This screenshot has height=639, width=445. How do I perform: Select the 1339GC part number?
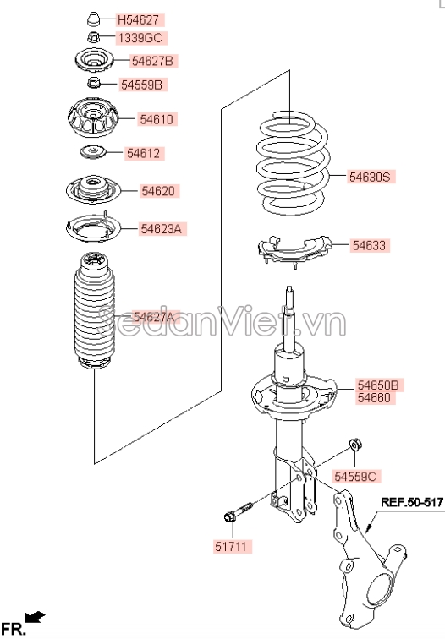click(x=141, y=38)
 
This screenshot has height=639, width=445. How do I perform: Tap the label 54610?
click(x=157, y=119)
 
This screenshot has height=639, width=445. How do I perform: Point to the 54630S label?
click(x=370, y=177)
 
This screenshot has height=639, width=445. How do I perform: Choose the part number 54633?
click(x=369, y=245)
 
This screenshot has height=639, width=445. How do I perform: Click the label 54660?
click(x=374, y=398)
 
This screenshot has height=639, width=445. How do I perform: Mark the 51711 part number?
click(x=231, y=547)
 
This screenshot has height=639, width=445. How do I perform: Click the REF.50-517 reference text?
click(x=411, y=502)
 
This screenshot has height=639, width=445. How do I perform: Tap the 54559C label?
click(x=355, y=476)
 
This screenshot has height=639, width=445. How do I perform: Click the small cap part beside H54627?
click(x=94, y=19)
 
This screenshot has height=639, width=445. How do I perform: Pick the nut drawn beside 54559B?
click(x=93, y=83)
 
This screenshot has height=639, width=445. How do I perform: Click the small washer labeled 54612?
click(x=92, y=152)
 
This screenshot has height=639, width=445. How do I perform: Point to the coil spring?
click(x=292, y=163)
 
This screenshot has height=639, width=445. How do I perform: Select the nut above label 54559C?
click(x=354, y=445)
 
